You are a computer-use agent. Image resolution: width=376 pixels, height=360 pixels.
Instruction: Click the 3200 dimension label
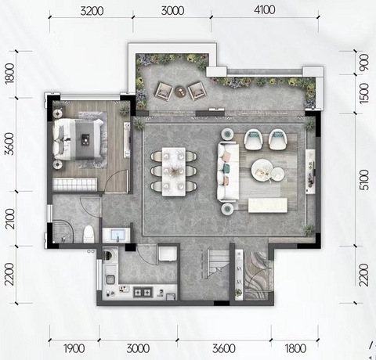click(92, 11)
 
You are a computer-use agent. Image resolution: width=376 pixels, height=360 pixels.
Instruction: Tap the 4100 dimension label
click(264, 10)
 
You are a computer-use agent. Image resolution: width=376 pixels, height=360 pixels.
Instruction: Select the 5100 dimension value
click(364, 180)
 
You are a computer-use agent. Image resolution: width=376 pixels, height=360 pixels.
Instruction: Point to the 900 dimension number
click(364, 62)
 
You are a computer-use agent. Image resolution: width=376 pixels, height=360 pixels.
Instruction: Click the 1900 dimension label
click(74, 348)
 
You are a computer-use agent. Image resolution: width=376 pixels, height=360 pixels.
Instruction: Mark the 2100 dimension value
click(11, 218)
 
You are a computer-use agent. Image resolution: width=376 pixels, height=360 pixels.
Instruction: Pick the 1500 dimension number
click(364, 94)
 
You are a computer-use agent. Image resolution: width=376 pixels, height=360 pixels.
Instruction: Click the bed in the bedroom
click(78, 139)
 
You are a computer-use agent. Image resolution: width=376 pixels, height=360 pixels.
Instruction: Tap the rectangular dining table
click(174, 171)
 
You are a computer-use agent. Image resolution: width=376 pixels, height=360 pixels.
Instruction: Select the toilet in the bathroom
click(89, 234)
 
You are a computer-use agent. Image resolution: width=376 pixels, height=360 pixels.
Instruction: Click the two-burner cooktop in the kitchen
click(143, 292)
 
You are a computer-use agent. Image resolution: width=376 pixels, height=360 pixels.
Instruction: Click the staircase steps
click(215, 263)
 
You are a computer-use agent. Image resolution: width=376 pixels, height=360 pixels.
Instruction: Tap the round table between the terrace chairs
click(180, 92)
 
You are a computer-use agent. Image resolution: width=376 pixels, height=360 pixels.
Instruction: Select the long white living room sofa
click(228, 172)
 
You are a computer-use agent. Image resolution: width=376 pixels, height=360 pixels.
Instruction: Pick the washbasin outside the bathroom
click(116, 235)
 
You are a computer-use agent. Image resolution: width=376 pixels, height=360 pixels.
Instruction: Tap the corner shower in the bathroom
click(63, 232)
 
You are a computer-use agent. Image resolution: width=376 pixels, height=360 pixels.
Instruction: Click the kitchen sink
click(110, 279)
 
